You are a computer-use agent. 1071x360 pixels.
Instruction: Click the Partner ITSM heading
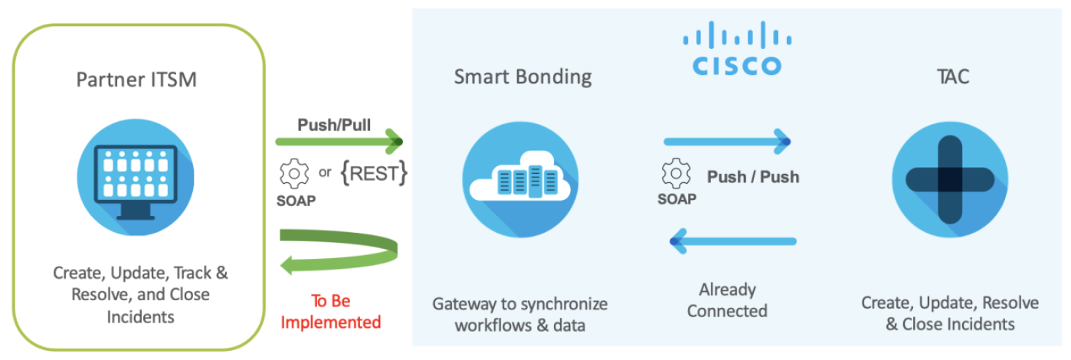[136, 80]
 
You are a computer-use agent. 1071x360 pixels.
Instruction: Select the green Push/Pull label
[334, 124]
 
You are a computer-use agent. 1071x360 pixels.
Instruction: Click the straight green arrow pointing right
[339, 141]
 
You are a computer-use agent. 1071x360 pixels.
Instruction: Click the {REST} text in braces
[374, 173]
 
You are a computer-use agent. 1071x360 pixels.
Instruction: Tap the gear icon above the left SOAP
[294, 174]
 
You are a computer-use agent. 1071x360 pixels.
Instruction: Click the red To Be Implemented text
[330, 311]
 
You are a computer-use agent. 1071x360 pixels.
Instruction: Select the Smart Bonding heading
[522, 77]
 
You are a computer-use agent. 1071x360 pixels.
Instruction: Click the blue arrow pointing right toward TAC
[727, 141]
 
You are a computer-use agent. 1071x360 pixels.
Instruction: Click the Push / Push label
[752, 177]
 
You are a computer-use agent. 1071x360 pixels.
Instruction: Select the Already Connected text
[727, 300]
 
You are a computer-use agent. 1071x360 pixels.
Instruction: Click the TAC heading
[954, 77]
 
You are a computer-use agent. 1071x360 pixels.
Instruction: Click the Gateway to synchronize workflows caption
[520, 314]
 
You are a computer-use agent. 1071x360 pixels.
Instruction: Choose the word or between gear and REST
[326, 172]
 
